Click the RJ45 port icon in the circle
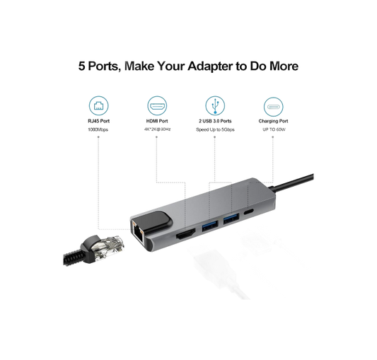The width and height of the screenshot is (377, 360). [98, 106]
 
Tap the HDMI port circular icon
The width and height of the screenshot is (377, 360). [157, 106]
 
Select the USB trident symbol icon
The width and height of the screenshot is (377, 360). [215, 106]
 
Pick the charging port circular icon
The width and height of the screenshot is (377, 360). [273, 107]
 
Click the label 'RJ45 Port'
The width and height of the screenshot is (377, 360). [98, 121]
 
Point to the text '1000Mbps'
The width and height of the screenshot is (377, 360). [98, 129]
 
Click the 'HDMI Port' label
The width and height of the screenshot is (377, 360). [157, 121]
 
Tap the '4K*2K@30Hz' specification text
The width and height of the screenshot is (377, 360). [157, 129]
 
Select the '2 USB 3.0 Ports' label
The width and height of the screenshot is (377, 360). [215, 121]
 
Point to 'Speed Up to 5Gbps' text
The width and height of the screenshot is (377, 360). [215, 129]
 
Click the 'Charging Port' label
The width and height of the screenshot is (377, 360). [273, 121]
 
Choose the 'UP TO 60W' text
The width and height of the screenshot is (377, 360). [274, 129]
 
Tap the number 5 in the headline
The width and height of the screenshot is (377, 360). [82, 66]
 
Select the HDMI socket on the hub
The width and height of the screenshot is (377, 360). [185, 235]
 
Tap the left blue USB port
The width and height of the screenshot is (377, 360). [210, 226]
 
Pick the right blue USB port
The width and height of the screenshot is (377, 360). [231, 219]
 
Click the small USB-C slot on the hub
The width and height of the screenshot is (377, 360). [248, 212]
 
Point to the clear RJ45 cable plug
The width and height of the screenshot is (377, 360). [108, 247]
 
